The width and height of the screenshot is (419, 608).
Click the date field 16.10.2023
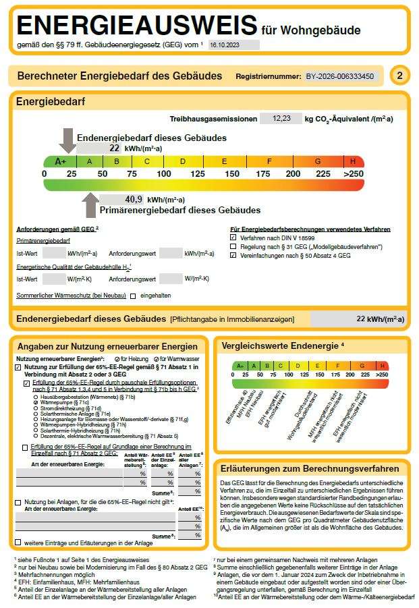(233, 45)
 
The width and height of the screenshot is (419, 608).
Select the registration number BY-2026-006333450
(339, 76)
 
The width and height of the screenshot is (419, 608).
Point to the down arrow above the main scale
(67, 140)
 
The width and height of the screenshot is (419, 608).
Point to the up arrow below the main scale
(89, 205)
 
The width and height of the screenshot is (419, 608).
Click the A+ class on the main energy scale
(60, 162)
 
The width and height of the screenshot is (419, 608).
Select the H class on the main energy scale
(353, 162)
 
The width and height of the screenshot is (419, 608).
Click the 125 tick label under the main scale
(198, 174)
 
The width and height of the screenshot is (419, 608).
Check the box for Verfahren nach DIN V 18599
(233, 238)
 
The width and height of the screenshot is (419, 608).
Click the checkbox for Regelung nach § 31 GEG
(233, 247)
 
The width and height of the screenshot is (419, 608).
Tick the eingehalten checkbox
(134, 296)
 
